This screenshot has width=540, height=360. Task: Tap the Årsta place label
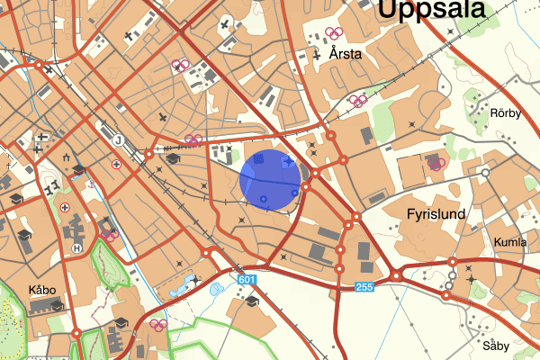[x=346, y=54]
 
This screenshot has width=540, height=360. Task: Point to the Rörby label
[x=506, y=112]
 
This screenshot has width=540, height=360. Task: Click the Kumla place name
[x=509, y=243]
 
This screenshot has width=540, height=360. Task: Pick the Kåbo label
[x=41, y=290]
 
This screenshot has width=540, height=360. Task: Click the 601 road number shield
[x=248, y=281]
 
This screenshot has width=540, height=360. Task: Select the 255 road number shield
[x=364, y=287]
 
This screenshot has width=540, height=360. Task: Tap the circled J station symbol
[x=118, y=139]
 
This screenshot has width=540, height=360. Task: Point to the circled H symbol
[x=77, y=248]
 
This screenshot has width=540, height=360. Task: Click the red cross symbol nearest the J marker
[x=116, y=165]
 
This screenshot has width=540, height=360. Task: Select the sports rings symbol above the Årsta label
[x=334, y=34]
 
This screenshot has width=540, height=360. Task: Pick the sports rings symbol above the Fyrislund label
[x=436, y=164]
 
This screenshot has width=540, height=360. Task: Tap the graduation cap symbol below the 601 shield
[x=252, y=301]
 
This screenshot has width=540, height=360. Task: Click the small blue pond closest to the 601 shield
[x=216, y=290]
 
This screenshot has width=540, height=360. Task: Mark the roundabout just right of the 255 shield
[x=396, y=275]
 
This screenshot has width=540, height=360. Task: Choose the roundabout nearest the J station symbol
[x=146, y=154]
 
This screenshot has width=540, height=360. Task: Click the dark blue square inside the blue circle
[x=259, y=159]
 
